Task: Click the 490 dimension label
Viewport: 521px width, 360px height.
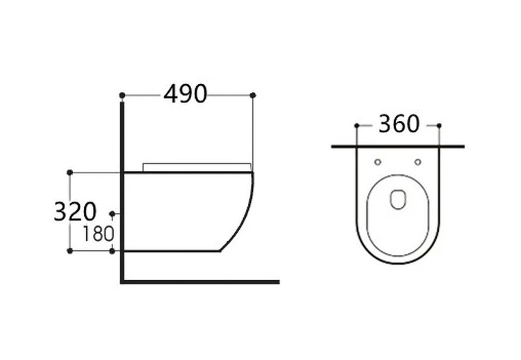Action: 186,94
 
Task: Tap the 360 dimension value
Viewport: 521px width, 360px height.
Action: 399,124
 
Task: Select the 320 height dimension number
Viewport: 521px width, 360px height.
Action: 75,212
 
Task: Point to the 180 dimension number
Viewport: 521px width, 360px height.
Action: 98,234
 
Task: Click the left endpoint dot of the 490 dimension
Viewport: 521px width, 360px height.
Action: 122,96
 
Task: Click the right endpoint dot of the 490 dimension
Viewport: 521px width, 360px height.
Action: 253,95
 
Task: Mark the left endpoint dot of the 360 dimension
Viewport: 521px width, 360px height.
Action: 356,126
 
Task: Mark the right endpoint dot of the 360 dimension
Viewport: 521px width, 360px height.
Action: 439,126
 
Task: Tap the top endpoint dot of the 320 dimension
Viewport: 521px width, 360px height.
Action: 70,173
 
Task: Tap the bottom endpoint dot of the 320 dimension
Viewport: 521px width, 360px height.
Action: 70,251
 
